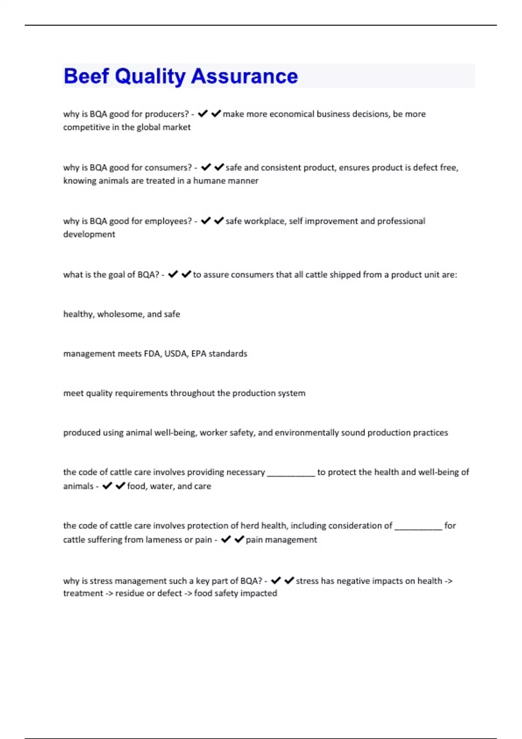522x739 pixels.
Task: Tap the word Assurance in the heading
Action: pyautogui.click(x=244, y=76)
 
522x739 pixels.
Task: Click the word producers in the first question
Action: pyautogui.click(x=167, y=114)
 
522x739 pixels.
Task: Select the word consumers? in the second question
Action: pyautogui.click(x=168, y=167)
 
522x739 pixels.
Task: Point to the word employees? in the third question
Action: pyautogui.click(x=168, y=221)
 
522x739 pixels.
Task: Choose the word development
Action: pyautogui.click(x=89, y=234)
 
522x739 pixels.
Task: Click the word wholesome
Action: pyautogui.click(x=121, y=314)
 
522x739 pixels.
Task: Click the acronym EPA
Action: pyautogui.click(x=198, y=354)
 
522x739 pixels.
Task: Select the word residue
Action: pyautogui.click(x=130, y=593)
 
